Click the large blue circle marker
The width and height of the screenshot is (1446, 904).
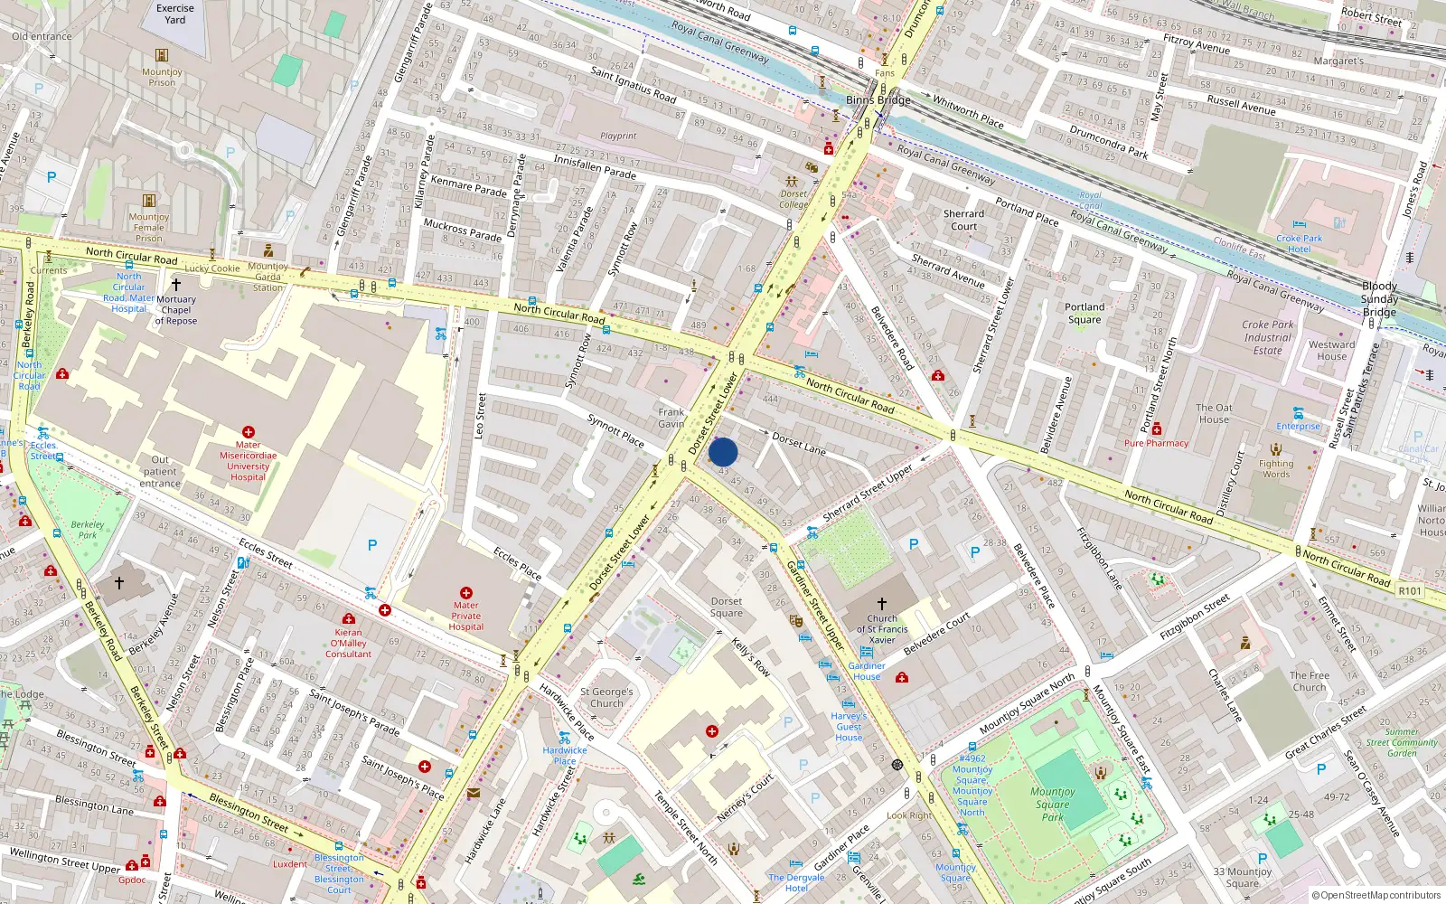click(723, 452)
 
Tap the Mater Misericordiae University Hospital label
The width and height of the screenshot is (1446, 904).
click(248, 460)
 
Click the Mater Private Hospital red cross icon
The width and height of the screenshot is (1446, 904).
click(466, 593)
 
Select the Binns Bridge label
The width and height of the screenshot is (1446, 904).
click(878, 99)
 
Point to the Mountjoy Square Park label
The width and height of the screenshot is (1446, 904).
click(1053, 804)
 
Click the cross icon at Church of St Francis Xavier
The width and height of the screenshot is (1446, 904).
click(882, 603)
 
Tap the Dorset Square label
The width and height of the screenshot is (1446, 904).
click(727, 607)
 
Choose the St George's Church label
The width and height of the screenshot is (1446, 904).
click(606, 697)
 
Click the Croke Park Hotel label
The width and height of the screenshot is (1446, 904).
click(1299, 244)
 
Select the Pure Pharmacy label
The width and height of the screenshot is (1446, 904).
click(1156, 443)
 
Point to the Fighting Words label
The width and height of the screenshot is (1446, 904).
click(1276, 468)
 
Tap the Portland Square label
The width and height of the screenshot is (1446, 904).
click(1084, 313)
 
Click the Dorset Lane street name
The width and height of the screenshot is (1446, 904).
click(799, 443)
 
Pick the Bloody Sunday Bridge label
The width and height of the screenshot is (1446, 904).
click(1379, 299)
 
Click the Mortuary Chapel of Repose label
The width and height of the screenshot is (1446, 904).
click(176, 309)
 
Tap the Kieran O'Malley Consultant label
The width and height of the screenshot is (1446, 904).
click(348, 643)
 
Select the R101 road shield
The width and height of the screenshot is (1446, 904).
click(1410, 590)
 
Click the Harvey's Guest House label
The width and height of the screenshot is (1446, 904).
click(849, 726)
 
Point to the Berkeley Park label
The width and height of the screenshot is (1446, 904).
click(88, 529)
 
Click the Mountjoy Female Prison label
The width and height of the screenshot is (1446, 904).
click(149, 227)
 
